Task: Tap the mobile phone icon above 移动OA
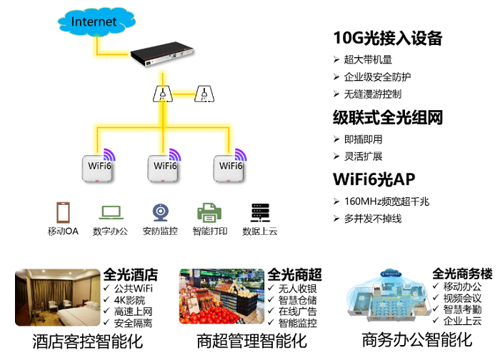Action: point(63,212)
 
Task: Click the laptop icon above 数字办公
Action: point(111,212)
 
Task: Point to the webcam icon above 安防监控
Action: point(160,212)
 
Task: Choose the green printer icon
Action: point(208,212)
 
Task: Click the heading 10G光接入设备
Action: point(388,39)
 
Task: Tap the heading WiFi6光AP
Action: point(374,179)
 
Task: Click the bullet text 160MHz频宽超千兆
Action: point(386,202)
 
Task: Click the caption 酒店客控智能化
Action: point(87,341)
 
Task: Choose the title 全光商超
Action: point(294,275)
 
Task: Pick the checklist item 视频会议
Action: point(462,298)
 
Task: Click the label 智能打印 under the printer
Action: point(208,231)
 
